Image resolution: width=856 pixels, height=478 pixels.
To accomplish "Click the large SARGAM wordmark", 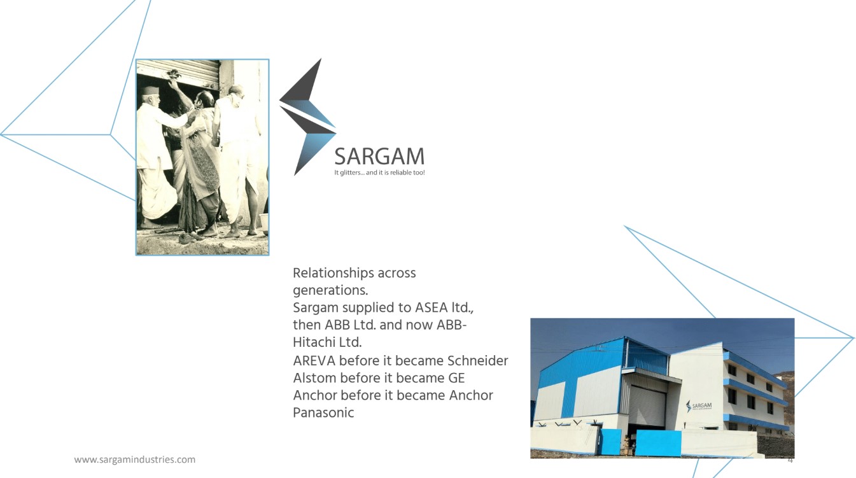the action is (379, 157).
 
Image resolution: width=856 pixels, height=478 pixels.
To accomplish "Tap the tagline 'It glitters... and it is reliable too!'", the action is (379, 172).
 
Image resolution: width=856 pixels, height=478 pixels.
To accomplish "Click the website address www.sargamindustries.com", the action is (134, 460).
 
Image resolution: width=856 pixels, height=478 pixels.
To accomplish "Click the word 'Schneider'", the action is (478, 361).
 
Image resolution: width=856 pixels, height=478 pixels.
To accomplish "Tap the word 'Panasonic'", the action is (323, 412).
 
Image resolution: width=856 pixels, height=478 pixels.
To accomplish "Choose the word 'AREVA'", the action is (314, 361).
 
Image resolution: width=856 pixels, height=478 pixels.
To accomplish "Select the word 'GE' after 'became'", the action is (456, 378).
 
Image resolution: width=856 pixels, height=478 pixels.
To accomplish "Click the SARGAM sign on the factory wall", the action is (699, 406).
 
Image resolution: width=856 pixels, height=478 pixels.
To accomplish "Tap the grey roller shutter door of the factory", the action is (647, 405).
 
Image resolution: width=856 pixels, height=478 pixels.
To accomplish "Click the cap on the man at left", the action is (150, 90).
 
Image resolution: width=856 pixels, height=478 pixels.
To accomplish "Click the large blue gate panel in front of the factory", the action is (658, 443).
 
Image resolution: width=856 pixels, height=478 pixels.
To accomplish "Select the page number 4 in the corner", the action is (790, 460).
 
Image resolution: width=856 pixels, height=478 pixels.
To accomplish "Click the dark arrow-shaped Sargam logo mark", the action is (307, 117).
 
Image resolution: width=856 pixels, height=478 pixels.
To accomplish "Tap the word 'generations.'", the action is (330, 291).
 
